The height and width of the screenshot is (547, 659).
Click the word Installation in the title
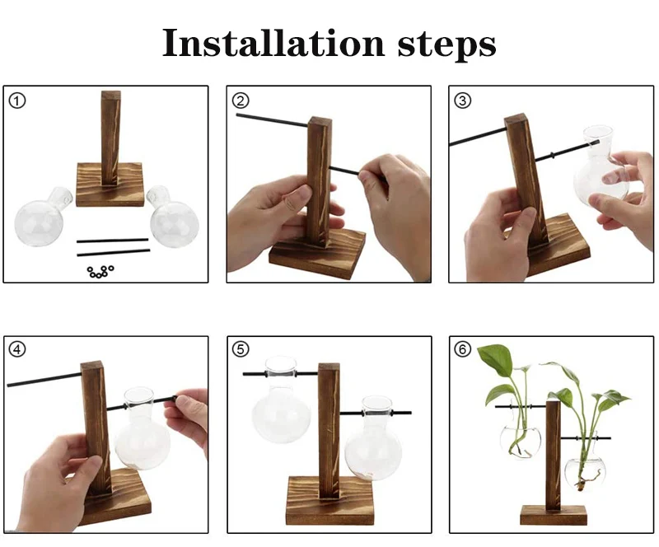(x=273, y=43)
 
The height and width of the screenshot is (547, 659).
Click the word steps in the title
(x=446, y=45)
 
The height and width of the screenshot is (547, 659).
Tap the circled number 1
(x=17, y=101)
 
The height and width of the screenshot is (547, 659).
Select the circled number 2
(x=241, y=101)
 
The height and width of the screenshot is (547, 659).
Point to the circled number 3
(x=463, y=101)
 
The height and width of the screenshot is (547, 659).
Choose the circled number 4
(x=17, y=349)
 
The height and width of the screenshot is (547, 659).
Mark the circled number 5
(x=241, y=349)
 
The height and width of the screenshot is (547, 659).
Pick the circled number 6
(x=463, y=349)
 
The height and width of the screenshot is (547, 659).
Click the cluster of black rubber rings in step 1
(x=100, y=272)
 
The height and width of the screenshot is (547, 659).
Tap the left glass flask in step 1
(x=42, y=217)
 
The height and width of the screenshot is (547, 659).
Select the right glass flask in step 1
(x=172, y=217)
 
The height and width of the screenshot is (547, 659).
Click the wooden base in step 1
(x=110, y=185)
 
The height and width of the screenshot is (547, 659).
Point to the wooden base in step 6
(x=553, y=515)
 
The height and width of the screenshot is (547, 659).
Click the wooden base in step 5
(x=330, y=501)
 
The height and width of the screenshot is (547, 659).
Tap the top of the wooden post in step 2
(x=320, y=121)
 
